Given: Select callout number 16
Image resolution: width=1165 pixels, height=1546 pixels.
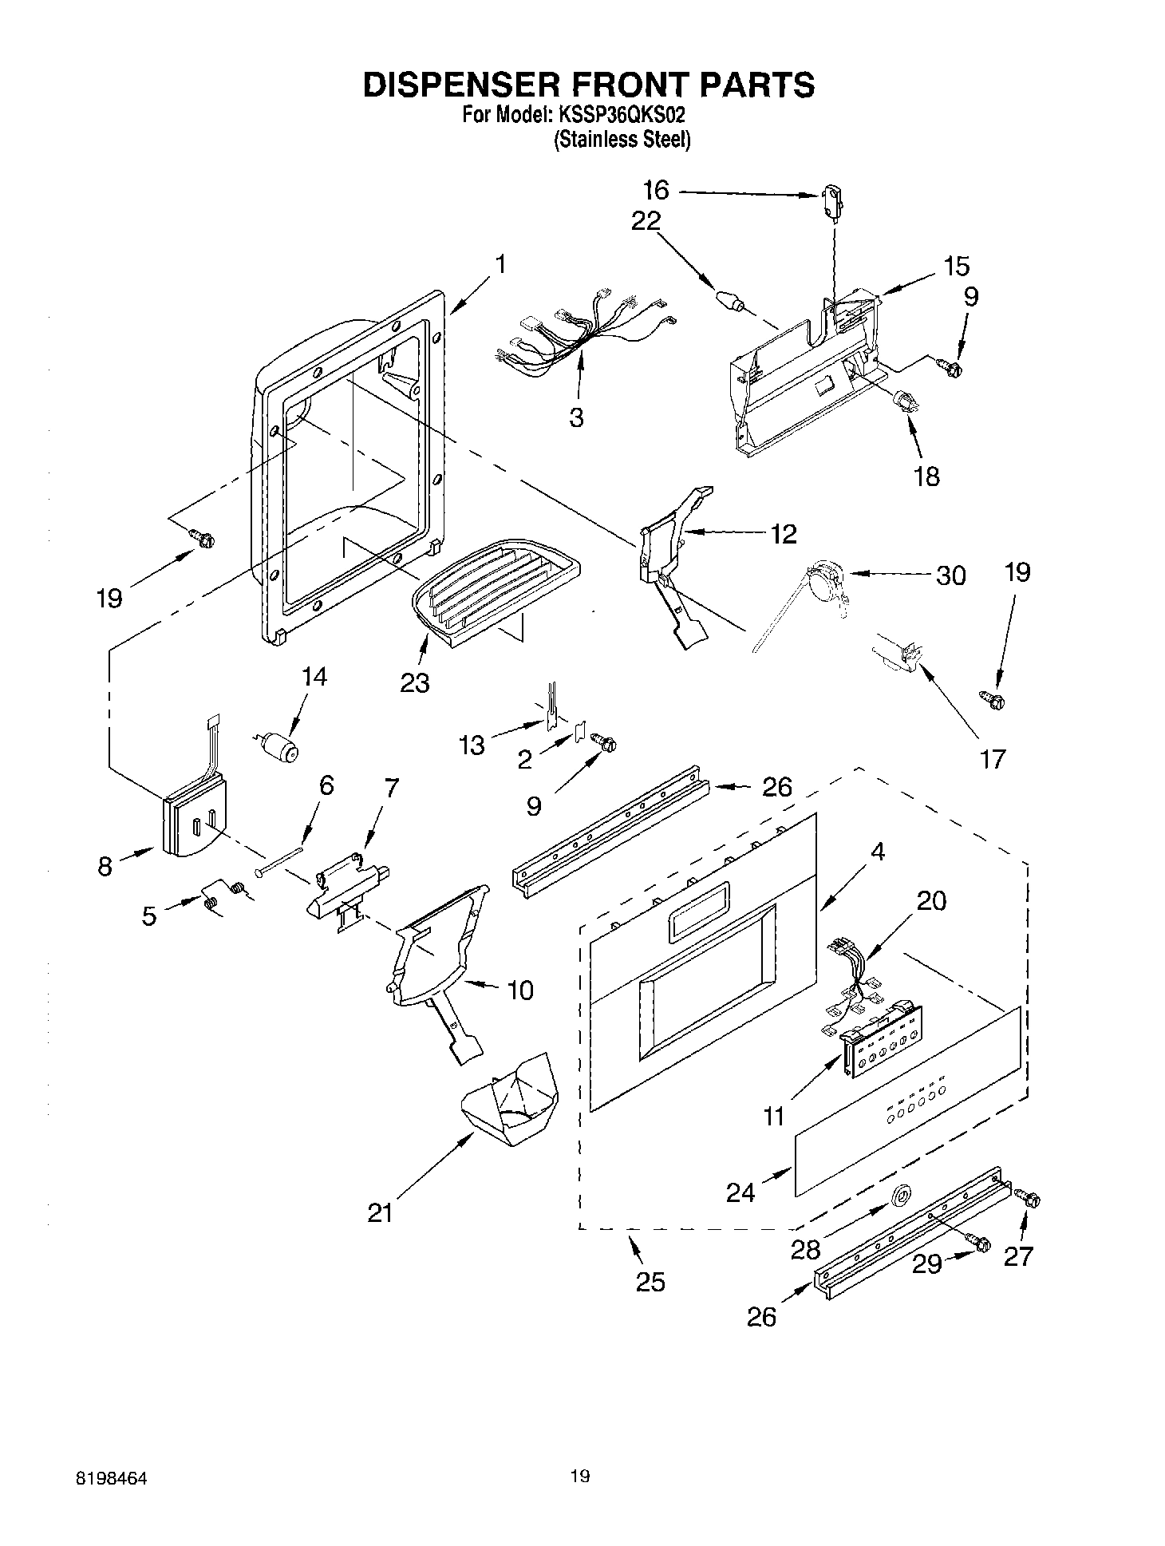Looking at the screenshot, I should pyautogui.click(x=656, y=191).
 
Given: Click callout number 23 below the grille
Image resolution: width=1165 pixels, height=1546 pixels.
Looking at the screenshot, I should pyautogui.click(x=415, y=682).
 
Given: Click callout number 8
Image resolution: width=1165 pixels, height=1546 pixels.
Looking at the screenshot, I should pyautogui.click(x=105, y=867).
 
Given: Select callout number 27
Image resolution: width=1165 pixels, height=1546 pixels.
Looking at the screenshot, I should pyautogui.click(x=1018, y=1255).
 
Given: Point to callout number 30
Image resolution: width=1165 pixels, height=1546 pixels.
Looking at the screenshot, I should pyautogui.click(x=950, y=575).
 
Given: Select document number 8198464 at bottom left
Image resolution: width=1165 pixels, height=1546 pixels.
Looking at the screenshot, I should pyautogui.click(x=111, y=1477).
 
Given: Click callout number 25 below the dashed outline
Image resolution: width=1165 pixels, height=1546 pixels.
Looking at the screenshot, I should pyautogui.click(x=650, y=1282).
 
